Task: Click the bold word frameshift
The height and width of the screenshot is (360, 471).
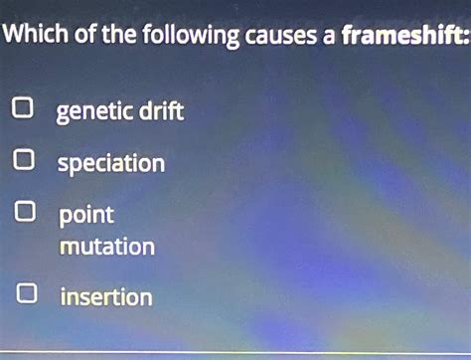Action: coord(398,37)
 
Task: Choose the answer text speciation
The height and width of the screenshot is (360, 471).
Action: coord(110,163)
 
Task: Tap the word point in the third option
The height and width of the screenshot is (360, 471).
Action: coord(85,215)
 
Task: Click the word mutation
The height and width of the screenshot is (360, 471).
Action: coord(106,245)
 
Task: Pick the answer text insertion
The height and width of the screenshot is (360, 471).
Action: coord(105,296)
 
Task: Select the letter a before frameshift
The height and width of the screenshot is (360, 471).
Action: coord(329,39)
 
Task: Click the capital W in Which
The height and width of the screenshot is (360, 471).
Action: coord(14,38)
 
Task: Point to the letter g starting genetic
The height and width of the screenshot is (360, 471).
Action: coord(63,113)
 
